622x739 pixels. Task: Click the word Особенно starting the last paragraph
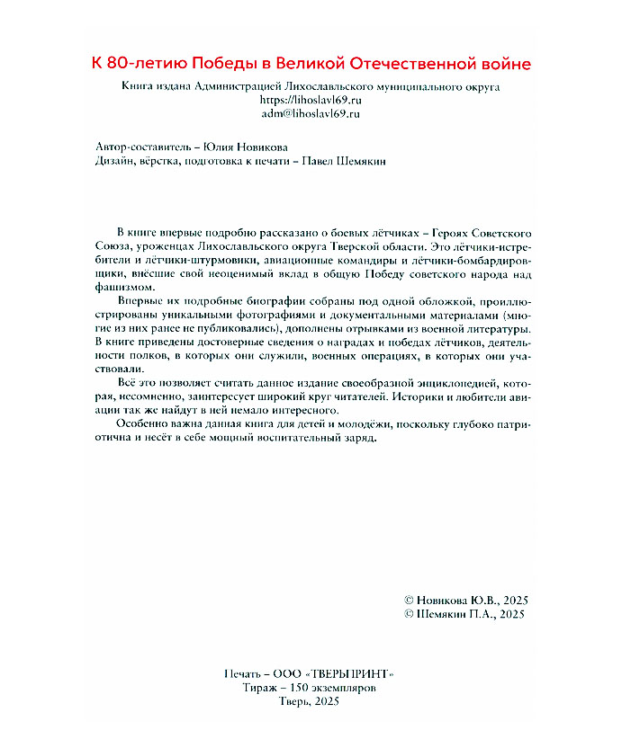[x=144, y=425]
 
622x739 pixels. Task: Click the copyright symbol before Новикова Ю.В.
[x=411, y=600]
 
